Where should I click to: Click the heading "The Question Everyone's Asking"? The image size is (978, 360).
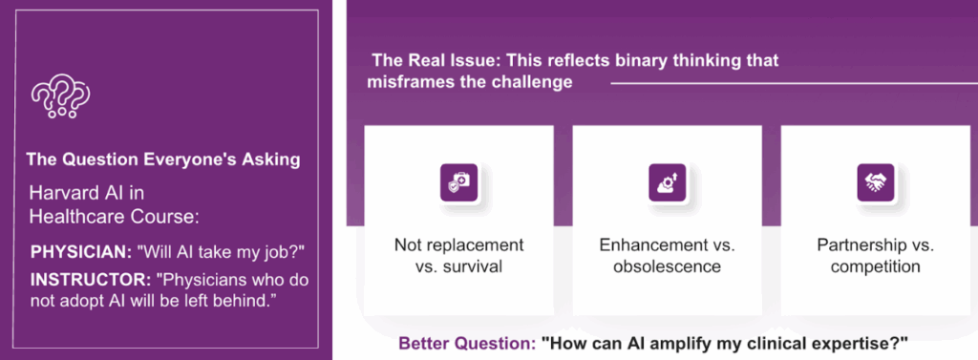(x=162, y=159)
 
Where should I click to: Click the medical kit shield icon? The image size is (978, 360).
(x=458, y=182)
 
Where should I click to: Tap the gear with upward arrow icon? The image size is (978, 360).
(x=667, y=182)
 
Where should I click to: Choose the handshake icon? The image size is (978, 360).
(x=875, y=182)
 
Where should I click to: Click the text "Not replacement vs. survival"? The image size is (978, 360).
(x=458, y=256)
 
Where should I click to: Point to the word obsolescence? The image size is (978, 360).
(x=667, y=267)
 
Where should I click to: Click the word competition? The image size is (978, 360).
(x=875, y=267)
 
